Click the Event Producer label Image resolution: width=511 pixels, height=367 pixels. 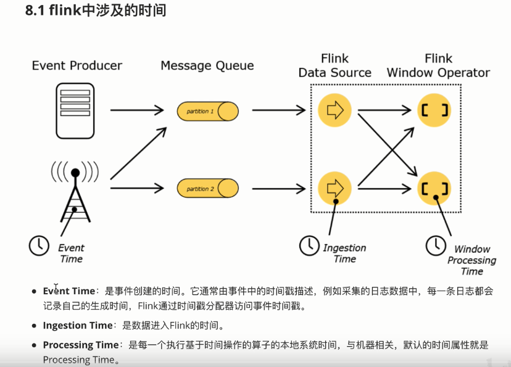coord(77,65)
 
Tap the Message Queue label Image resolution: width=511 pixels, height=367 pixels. coord(207,65)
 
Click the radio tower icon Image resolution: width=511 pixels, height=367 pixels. coord(75,189)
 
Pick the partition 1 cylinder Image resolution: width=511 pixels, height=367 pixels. coord(208,112)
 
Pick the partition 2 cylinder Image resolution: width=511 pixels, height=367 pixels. coord(208,188)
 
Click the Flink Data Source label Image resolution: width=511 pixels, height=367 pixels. coord(335,65)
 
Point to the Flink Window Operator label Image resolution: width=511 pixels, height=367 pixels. coord(438,65)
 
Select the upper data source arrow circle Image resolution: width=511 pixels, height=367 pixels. coord(334,110)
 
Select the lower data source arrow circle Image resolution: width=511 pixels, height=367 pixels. coord(334,187)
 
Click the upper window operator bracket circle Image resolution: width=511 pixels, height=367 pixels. coord(434,110)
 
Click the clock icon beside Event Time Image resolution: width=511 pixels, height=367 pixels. coord(39,245)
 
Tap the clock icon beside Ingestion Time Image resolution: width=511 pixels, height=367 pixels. coord(309,245)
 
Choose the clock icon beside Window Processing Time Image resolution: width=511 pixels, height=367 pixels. coord(436,245)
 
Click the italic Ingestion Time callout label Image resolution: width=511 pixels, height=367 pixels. coord(344,254)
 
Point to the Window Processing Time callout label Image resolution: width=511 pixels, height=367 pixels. coord(472,260)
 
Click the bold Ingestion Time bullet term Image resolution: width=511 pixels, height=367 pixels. coord(78,325)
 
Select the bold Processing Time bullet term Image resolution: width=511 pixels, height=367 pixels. coord(80,345)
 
